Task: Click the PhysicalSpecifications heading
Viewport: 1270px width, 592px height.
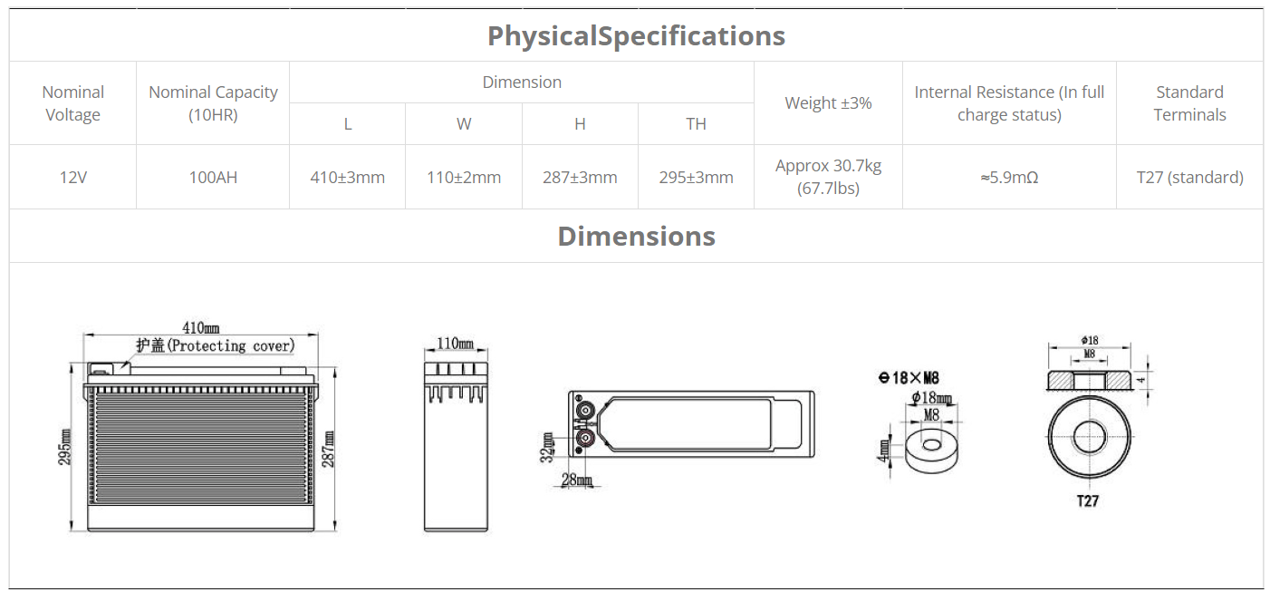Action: (636, 35)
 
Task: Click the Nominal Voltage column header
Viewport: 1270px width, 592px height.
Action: (73, 103)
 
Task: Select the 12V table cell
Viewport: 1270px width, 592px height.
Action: (73, 178)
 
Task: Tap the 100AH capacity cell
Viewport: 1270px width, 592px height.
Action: (213, 178)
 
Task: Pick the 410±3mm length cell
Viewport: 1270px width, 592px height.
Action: (348, 178)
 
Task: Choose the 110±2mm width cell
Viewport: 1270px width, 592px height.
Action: (464, 178)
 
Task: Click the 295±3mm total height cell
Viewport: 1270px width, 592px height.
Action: (697, 178)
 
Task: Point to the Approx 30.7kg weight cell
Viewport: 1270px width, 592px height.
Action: (828, 177)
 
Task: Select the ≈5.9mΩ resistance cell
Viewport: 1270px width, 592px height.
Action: (1009, 178)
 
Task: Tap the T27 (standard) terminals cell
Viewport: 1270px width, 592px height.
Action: (1190, 178)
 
